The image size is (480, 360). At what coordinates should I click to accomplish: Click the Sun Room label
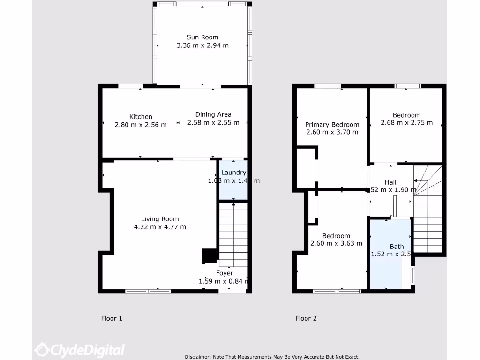click(202, 37)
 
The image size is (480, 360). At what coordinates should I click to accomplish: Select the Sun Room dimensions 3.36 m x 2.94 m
click(202, 45)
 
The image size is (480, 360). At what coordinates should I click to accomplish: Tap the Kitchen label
click(141, 117)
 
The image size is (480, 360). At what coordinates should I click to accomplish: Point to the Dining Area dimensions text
click(213, 123)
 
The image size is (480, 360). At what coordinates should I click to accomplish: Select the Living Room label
click(160, 219)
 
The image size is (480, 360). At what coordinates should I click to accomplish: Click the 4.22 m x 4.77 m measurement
click(160, 227)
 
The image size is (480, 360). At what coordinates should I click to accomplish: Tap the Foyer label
click(224, 273)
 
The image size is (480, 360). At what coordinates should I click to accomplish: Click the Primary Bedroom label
click(332, 125)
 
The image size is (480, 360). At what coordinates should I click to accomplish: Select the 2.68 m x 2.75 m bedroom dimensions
click(406, 123)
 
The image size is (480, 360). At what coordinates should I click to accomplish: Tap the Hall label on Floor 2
click(390, 182)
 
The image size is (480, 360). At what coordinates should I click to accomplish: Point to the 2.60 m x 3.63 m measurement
click(336, 244)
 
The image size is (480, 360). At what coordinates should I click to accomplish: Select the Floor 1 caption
click(112, 319)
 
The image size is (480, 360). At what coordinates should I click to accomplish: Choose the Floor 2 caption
click(306, 319)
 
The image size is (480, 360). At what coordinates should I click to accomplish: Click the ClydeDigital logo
click(80, 350)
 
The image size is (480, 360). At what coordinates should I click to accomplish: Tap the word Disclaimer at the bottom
click(198, 357)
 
